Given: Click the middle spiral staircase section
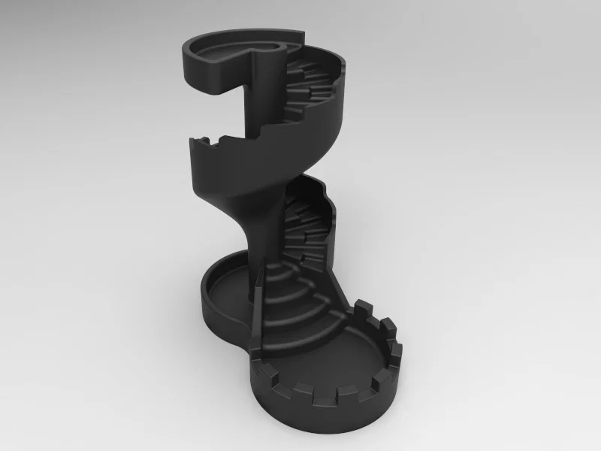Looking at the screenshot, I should click(x=304, y=225).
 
